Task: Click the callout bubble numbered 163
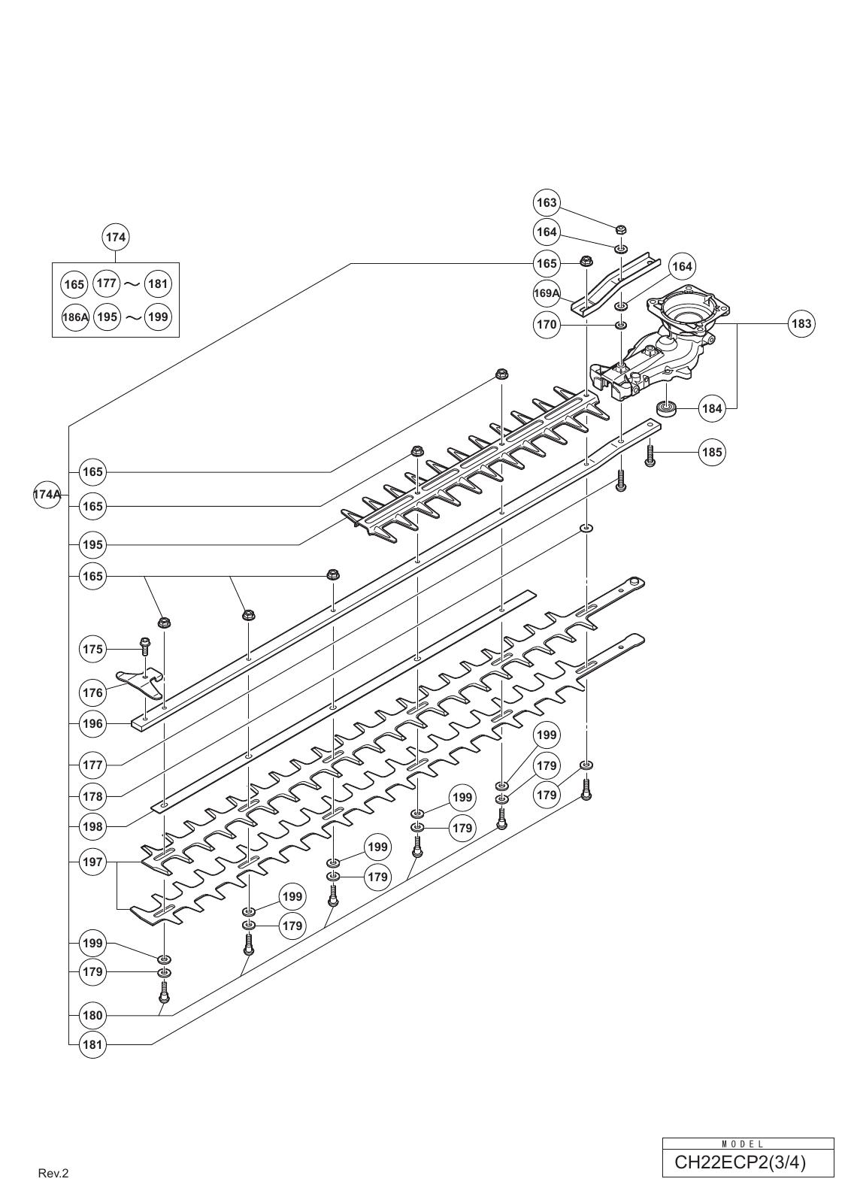(547, 202)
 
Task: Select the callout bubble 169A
(547, 293)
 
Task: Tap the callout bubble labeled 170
(547, 324)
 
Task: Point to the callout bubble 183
(801, 323)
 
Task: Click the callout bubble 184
(712, 408)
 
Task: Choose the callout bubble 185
(712, 453)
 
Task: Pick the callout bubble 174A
(47, 495)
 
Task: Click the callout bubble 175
(92, 648)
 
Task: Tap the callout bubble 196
(92, 723)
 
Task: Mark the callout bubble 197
(92, 862)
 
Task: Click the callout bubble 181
(92, 1044)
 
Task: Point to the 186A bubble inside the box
(75, 317)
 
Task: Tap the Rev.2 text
(53, 1173)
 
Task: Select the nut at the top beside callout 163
(621, 229)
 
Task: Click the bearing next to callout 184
(666, 408)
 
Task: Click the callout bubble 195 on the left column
(92, 544)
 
